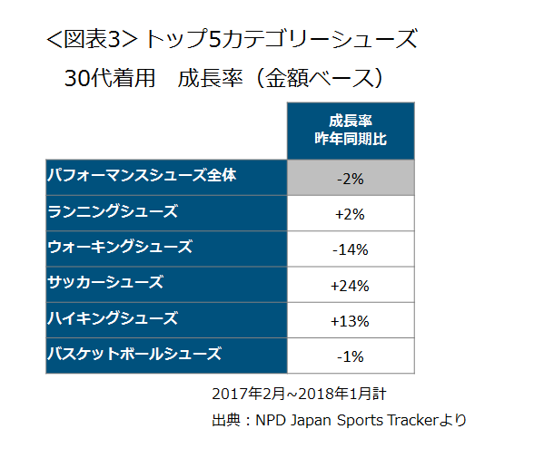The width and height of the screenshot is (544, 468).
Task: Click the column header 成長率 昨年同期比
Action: pos(351,131)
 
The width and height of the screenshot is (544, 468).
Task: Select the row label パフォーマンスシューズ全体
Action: pos(142,175)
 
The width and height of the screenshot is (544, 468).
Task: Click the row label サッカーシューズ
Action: pos(105,282)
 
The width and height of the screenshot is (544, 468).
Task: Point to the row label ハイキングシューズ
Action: pos(113,318)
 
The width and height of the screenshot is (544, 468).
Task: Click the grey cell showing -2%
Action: pos(351,179)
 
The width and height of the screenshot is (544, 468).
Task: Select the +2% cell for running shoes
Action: pos(351,214)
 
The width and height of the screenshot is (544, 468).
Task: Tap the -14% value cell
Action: pos(351,249)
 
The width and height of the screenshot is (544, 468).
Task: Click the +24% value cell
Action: pos(351,286)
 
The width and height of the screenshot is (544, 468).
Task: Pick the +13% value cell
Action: pos(351,321)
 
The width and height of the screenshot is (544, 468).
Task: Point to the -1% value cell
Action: pos(351,356)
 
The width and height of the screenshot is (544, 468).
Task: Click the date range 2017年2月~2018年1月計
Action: pos(299,395)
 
